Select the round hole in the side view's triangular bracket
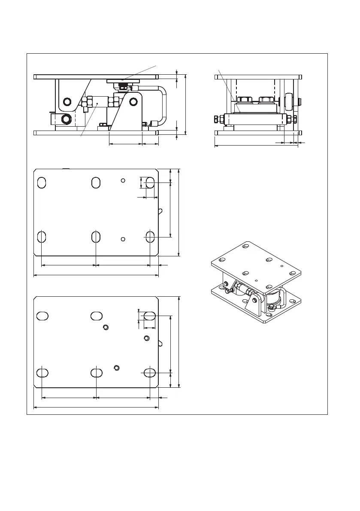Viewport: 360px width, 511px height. pos(133,102)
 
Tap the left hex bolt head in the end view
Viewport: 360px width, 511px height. pos(245,100)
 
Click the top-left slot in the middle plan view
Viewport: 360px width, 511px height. pos(42,182)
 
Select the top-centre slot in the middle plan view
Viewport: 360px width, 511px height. pos(96,182)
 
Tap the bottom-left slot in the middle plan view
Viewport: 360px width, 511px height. pos(42,237)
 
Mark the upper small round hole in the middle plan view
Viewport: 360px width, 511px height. pos(123,181)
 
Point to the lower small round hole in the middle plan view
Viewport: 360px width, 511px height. pos(123,239)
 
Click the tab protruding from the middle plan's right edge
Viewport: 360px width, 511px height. pos(160,211)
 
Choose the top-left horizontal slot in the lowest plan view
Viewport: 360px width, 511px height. pos(42,316)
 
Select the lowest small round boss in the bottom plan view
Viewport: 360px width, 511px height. pos(116,367)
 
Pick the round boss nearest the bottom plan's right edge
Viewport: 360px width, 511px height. pos(147,338)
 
